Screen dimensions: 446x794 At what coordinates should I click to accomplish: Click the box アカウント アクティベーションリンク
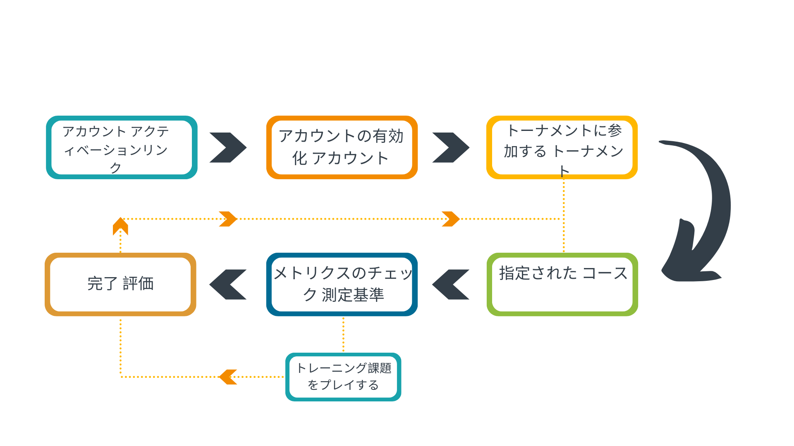[121, 147]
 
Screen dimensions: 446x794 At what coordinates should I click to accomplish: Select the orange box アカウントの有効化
[342, 147]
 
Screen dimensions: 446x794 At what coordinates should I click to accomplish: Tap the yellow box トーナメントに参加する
[562, 147]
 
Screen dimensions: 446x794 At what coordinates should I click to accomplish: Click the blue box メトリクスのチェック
[342, 285]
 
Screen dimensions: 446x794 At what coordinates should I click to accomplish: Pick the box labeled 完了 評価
[120, 285]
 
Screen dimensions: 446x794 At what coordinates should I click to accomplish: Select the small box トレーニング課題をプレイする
[343, 377]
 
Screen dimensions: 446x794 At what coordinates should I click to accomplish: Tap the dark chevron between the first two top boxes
[228, 147]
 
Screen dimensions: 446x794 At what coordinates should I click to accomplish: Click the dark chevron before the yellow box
[450, 147]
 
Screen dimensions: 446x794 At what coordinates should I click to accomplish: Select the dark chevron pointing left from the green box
[450, 285]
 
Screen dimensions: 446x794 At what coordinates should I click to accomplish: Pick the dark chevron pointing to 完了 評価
[228, 285]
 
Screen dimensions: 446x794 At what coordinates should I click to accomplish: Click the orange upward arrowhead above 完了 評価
[120, 226]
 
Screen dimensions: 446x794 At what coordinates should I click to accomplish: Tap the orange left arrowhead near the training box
[228, 377]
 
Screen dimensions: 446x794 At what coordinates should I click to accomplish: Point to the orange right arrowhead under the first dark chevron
[228, 219]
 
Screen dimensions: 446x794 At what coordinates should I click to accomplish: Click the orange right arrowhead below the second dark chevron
[450, 219]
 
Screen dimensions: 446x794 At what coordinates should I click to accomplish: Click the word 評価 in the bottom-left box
[138, 284]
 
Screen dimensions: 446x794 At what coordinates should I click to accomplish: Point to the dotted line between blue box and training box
[343, 334]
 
